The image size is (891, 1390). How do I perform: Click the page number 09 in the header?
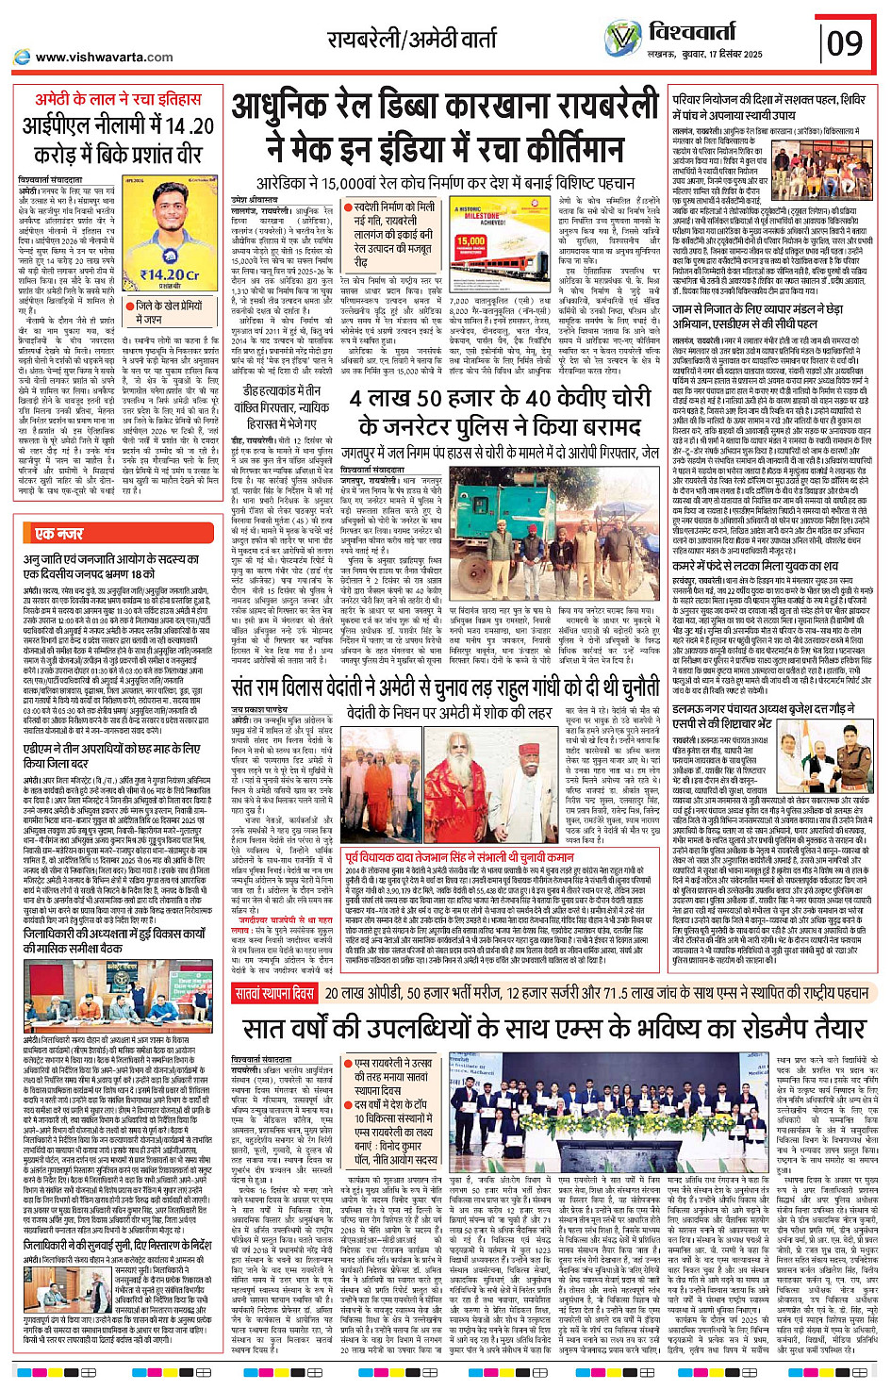coord(844,42)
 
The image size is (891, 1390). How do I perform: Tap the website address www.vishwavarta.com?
coord(104,57)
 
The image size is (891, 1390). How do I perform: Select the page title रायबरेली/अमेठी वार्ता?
coord(412,40)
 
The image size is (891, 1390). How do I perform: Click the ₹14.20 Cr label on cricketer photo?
coord(170,275)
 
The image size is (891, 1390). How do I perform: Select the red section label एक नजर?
coord(58,534)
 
